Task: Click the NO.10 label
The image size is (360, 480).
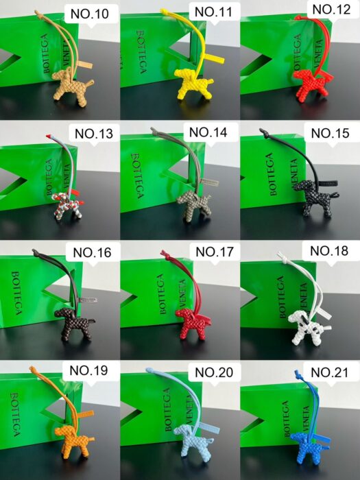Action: [89, 14]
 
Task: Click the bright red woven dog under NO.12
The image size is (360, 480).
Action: [311, 84]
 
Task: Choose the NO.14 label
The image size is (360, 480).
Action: [208, 132]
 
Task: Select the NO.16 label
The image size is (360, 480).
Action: [92, 252]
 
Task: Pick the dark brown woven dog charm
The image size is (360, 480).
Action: [73, 324]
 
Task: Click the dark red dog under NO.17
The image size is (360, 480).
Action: [193, 323]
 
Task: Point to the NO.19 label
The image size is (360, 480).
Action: [88, 370]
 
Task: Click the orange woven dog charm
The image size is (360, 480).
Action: [73, 442]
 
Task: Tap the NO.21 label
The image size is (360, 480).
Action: [330, 372]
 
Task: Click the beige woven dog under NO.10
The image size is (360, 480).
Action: [72, 86]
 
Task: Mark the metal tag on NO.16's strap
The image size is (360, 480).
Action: [88, 300]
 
